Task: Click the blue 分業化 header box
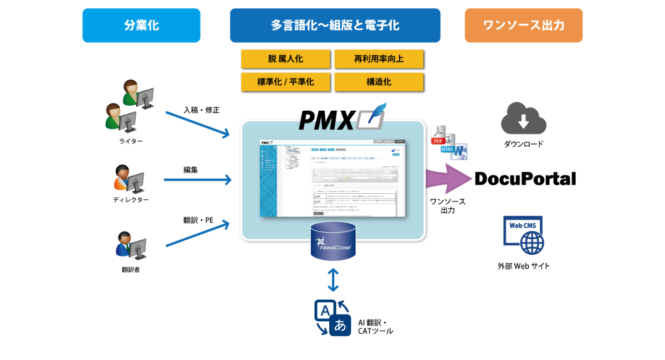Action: click(x=141, y=25)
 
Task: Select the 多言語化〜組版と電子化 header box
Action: click(x=335, y=25)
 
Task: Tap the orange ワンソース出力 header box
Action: click(x=524, y=25)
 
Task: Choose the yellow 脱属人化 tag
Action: click(x=285, y=59)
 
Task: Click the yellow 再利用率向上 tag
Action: click(x=379, y=59)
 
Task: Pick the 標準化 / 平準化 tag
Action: click(x=285, y=82)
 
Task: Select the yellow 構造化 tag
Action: click(x=379, y=82)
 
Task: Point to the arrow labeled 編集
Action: click(x=197, y=179)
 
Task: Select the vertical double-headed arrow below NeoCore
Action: click(x=333, y=280)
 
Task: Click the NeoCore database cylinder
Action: click(x=333, y=241)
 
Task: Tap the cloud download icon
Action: click(x=524, y=118)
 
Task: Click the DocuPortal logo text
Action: click(x=525, y=178)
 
